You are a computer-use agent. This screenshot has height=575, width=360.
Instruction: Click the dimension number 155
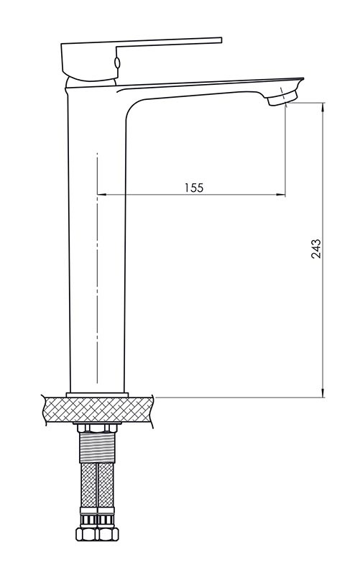point(193,188)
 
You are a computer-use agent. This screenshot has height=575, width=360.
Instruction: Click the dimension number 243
point(315,249)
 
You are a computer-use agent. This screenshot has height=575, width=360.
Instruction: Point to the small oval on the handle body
point(117,63)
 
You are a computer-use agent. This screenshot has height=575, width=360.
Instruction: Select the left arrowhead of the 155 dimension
point(101,194)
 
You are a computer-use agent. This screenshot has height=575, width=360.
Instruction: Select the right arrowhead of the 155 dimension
point(281,194)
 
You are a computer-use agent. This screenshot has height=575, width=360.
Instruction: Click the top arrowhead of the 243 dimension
point(323,107)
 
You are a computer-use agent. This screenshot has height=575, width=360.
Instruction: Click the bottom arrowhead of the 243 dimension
point(323,392)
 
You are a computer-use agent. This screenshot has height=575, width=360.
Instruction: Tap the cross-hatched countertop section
point(98,409)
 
